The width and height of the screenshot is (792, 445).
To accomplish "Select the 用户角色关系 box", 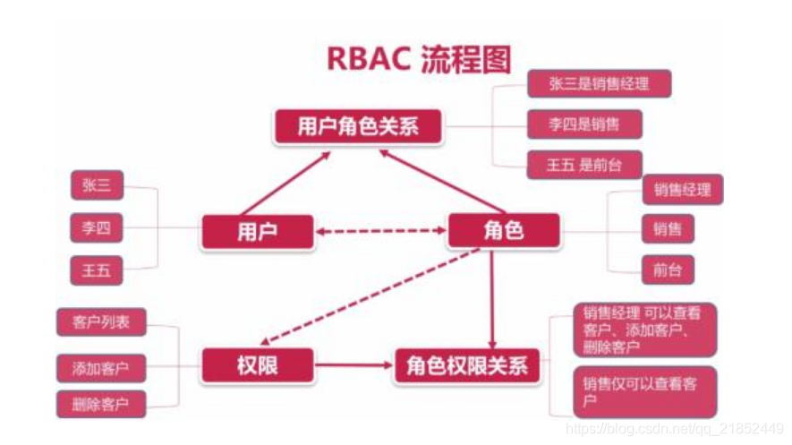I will click(x=358, y=125).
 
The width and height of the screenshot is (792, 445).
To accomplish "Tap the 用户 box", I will click(x=258, y=232).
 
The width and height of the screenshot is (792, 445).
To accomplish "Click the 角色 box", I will click(x=504, y=232).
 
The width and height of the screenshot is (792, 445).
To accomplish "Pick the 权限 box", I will click(x=258, y=365).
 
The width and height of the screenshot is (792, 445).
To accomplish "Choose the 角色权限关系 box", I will click(x=466, y=366).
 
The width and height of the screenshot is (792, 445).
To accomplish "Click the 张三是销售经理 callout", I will click(x=599, y=84).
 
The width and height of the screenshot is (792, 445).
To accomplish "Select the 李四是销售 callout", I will click(x=583, y=124).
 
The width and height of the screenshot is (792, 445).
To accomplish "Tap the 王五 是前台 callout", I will click(x=583, y=165).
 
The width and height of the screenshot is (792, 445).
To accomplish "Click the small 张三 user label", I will click(x=97, y=185).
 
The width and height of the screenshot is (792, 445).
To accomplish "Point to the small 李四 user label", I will click(x=97, y=228).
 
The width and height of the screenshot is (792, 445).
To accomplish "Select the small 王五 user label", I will click(x=97, y=270).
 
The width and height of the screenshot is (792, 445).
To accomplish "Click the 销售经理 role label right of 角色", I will click(x=682, y=189).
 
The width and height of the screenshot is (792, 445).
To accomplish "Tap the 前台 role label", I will click(x=668, y=269).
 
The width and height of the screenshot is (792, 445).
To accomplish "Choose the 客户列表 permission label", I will click(x=101, y=322).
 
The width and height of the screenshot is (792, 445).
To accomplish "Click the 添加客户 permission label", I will click(x=101, y=367).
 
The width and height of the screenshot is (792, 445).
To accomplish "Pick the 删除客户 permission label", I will click(x=101, y=404).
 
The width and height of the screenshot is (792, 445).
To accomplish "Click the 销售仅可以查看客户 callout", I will click(x=644, y=392).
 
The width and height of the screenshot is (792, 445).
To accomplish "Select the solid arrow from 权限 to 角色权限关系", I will click(x=354, y=365).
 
